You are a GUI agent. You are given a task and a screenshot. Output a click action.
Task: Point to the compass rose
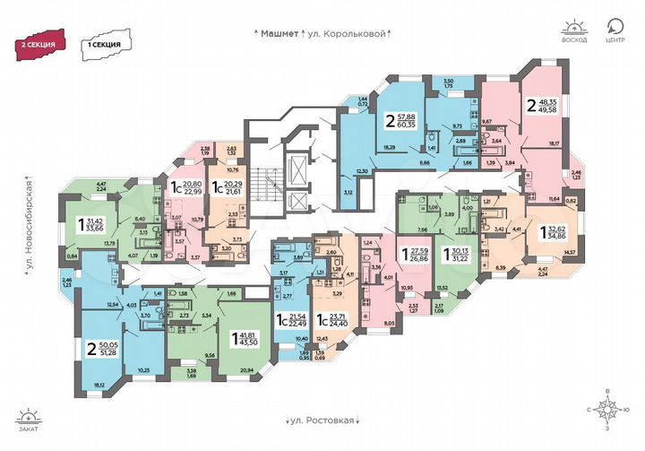(x=606, y=412)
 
